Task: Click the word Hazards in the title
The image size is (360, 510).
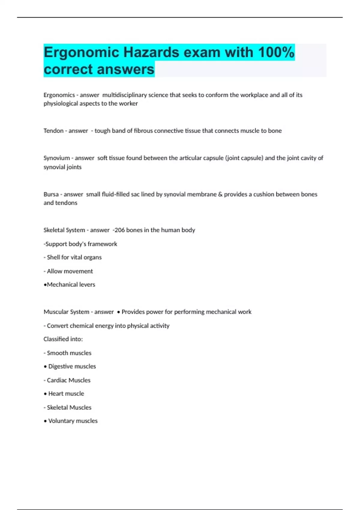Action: [x=151, y=52]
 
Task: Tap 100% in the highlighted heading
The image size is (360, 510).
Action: [x=276, y=52]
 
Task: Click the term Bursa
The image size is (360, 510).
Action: [x=51, y=194]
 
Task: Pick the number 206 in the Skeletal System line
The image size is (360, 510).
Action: [x=119, y=230]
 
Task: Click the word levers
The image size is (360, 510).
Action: [x=87, y=285]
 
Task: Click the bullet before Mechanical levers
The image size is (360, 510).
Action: [x=45, y=285]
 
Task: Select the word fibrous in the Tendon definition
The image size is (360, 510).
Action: [x=143, y=131]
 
